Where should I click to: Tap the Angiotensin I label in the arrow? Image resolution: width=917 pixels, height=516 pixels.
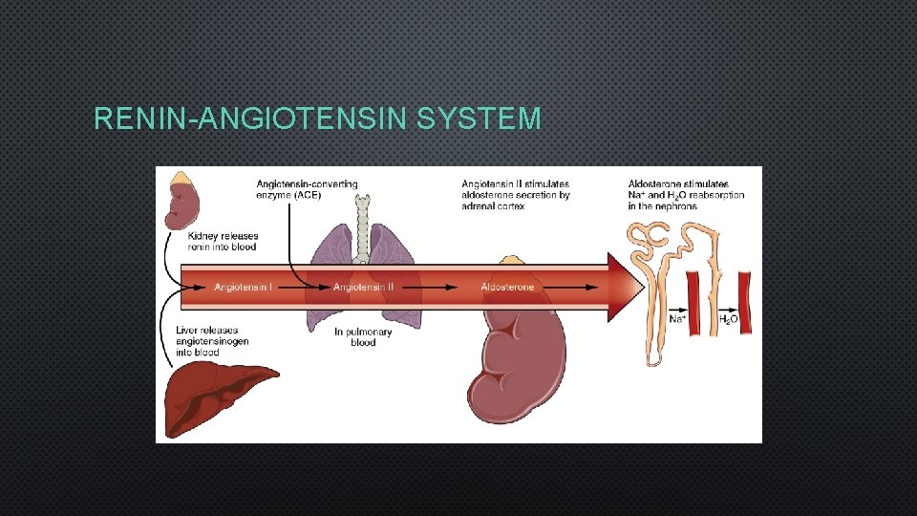pyautogui.click(x=243, y=287)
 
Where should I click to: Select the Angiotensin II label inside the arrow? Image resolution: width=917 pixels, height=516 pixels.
pyautogui.click(x=363, y=287)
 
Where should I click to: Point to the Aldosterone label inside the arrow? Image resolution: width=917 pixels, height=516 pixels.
pyautogui.click(x=507, y=287)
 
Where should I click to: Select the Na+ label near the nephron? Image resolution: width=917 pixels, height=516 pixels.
pyautogui.click(x=676, y=319)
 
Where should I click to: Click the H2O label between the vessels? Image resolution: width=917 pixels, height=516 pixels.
pyautogui.click(x=728, y=319)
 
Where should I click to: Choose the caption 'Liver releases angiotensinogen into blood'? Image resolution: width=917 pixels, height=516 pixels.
pyautogui.click(x=212, y=341)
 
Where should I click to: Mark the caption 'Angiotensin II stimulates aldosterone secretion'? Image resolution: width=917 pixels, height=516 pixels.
pyautogui.click(x=516, y=194)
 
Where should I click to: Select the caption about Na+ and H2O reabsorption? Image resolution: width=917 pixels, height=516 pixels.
pyautogui.click(x=686, y=194)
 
